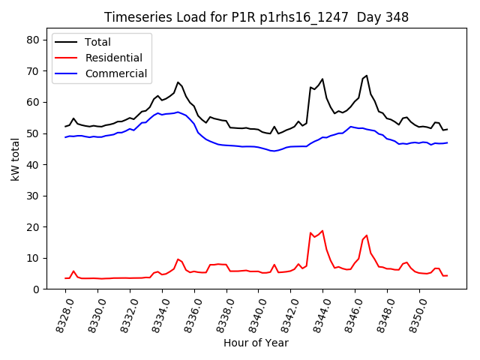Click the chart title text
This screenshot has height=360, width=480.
point(256,17)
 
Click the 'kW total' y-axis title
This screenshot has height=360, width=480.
point(15,158)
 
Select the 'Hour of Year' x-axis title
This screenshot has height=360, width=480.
point(256,343)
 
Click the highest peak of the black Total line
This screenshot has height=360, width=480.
point(366,75)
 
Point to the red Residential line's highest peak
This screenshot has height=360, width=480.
point(322,231)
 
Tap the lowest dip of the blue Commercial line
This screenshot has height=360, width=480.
point(274,151)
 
